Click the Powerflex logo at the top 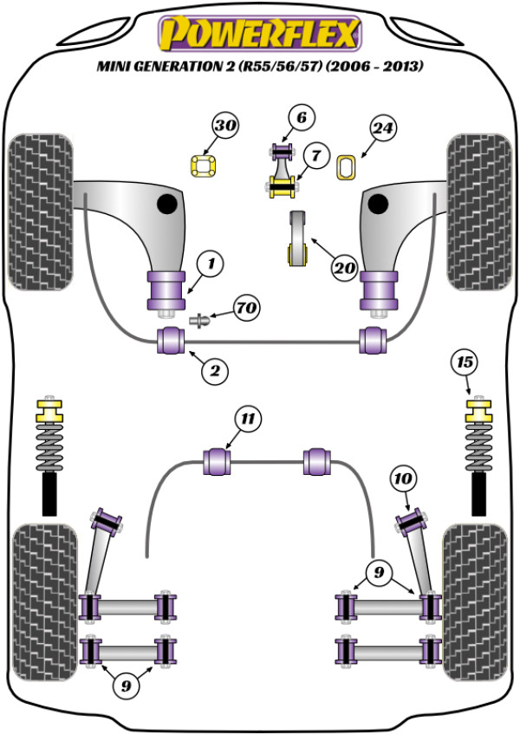(257, 34)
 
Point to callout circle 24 (383, 129)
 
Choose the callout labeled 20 (344, 268)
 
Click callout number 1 (210, 260)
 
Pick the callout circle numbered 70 (246, 308)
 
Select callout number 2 (214, 371)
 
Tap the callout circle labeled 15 (466, 361)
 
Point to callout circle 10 (405, 478)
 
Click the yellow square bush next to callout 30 (202, 164)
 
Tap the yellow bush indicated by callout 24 (348, 166)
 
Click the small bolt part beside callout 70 (200, 321)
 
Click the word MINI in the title (117, 66)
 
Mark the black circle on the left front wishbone (166, 205)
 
